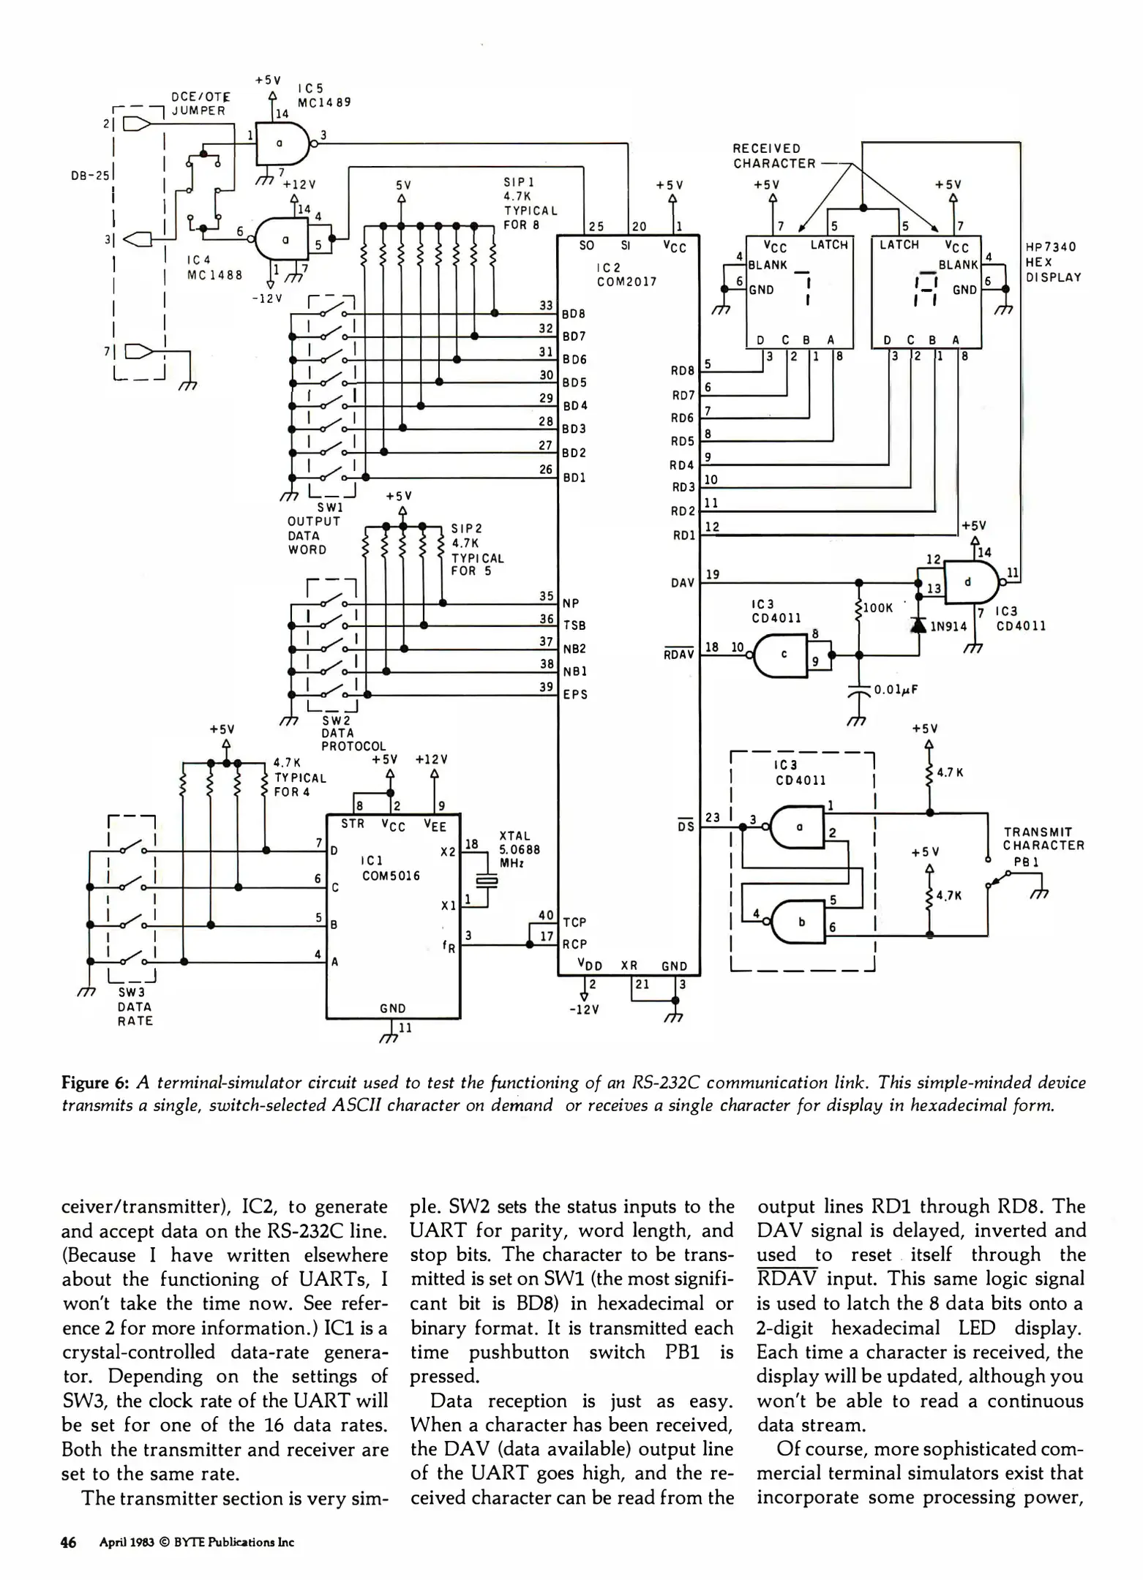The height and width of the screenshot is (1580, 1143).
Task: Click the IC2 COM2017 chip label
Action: (626, 274)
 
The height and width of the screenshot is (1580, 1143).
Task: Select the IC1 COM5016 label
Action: (391, 868)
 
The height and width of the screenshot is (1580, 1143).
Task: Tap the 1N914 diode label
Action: (948, 627)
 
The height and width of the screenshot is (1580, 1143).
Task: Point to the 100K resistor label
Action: (878, 608)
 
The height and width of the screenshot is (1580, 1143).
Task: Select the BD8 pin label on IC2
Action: (573, 315)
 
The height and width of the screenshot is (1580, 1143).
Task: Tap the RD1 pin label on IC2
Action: (683, 535)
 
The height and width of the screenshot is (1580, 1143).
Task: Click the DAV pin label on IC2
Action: (682, 583)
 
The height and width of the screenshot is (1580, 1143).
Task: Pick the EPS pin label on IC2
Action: (575, 695)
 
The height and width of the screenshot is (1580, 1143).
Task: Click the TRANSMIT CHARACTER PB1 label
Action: (1043, 846)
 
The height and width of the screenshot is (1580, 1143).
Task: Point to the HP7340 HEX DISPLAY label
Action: (1052, 262)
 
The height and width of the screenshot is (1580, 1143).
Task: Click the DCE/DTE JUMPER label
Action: (200, 104)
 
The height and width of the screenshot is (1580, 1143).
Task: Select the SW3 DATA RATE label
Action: (135, 1007)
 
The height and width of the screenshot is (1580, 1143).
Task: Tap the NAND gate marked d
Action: (969, 582)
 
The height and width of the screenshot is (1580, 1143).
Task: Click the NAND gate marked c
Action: (782, 655)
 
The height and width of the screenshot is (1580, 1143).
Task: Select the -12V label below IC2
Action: (583, 1010)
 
